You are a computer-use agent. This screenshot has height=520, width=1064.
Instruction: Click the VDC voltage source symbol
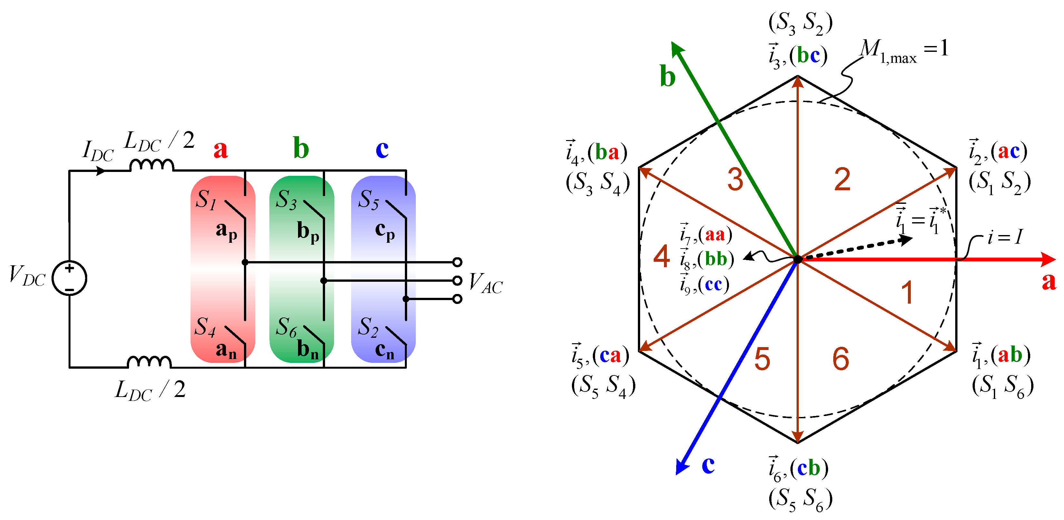(x=70, y=278)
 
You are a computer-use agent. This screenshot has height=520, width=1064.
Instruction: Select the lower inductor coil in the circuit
(x=149, y=362)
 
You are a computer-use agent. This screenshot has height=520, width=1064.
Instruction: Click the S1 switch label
(x=206, y=200)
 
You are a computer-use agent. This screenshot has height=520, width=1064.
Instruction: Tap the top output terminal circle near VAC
(x=457, y=262)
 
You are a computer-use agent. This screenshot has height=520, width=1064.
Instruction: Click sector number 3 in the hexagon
(x=735, y=179)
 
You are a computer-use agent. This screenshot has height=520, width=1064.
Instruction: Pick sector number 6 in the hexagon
(x=841, y=359)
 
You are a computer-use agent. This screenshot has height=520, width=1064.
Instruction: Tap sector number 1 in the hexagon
(x=907, y=293)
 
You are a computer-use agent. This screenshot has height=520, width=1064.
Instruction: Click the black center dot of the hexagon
(x=798, y=260)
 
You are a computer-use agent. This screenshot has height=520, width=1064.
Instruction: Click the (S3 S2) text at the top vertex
(x=800, y=23)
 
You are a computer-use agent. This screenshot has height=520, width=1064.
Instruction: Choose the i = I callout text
(x=1004, y=238)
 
